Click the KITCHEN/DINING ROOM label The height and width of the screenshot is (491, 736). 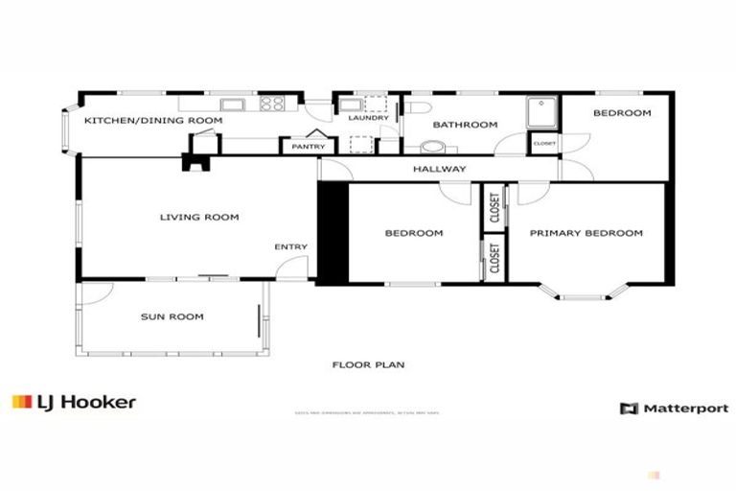tap(153, 121)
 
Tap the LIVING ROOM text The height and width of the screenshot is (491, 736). tap(198, 218)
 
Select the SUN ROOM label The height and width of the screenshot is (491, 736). tap(172, 316)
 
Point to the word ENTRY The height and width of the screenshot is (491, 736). tap(290, 247)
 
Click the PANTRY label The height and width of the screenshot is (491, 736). tap(308, 147)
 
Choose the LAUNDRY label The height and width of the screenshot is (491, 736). tap(368, 118)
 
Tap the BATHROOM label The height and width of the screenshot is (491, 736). tap(465, 125)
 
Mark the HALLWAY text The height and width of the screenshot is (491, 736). tap(439, 170)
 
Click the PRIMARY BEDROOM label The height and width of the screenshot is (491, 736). tap(586, 233)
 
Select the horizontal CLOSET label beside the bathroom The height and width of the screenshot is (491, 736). tap(543, 144)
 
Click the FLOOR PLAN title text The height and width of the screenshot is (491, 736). tap(368, 364)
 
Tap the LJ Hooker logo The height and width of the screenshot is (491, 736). tap(74, 403)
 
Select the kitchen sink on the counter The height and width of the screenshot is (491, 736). tap(233, 104)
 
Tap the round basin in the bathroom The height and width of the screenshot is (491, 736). tap(433, 148)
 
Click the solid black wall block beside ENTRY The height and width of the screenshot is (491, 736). tap(332, 233)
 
